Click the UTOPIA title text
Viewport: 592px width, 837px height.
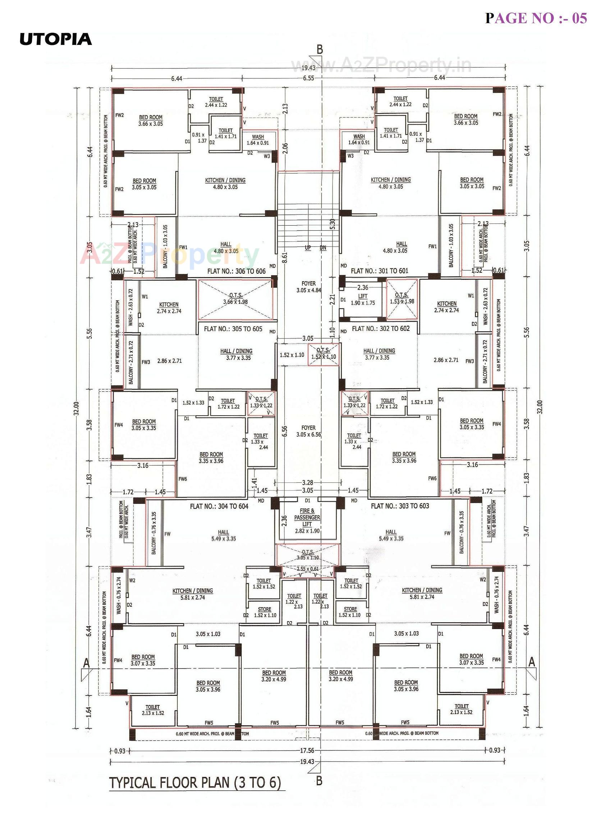click(55, 40)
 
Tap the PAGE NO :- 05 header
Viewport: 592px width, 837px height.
click(536, 18)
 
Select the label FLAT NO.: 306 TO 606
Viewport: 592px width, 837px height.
click(237, 271)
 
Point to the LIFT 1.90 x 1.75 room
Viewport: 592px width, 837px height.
click(363, 300)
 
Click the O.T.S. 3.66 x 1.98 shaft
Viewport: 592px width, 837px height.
click(236, 299)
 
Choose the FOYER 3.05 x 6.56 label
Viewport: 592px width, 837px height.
click(309, 431)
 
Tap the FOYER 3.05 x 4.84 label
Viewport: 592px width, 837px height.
click(309, 287)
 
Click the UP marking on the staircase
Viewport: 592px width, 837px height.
click(307, 248)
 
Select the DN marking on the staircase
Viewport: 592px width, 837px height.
click(323, 248)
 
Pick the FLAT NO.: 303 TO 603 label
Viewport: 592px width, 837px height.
click(400, 506)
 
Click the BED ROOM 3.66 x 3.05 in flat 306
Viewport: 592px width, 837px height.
click(151, 120)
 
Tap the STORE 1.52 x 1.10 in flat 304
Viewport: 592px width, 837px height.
click(265, 612)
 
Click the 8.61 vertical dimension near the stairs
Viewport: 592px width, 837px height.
click(285, 257)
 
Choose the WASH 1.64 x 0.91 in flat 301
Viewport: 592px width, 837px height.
click(359, 140)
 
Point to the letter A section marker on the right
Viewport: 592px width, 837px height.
click(532, 662)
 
